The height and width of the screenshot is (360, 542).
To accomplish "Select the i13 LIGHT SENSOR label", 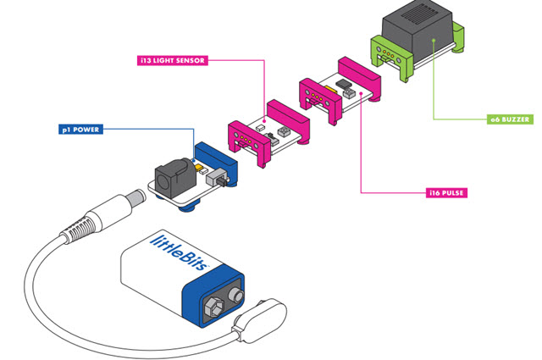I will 174,61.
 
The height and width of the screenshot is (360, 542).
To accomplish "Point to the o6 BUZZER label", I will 511,119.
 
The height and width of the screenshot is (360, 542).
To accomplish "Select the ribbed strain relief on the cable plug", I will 83,226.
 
